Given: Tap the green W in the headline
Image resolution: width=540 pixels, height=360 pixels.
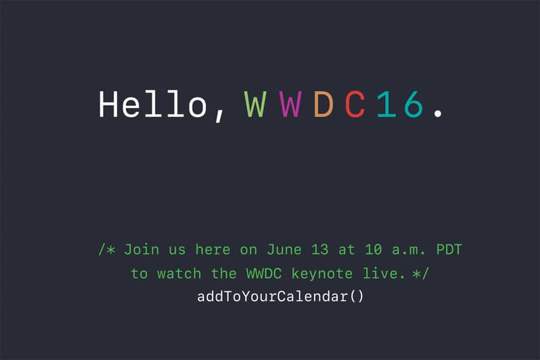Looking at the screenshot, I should [255, 105].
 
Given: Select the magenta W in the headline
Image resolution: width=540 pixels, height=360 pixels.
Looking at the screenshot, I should [290, 105].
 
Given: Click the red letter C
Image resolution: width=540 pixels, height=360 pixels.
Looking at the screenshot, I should [356, 105].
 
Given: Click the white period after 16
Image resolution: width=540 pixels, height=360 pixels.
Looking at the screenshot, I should [439, 115].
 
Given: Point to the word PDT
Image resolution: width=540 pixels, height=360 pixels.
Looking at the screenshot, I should [448, 249].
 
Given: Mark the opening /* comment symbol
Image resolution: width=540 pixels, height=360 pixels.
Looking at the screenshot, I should [106, 249].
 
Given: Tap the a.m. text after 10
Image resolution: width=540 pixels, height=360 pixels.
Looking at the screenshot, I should [406, 249].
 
